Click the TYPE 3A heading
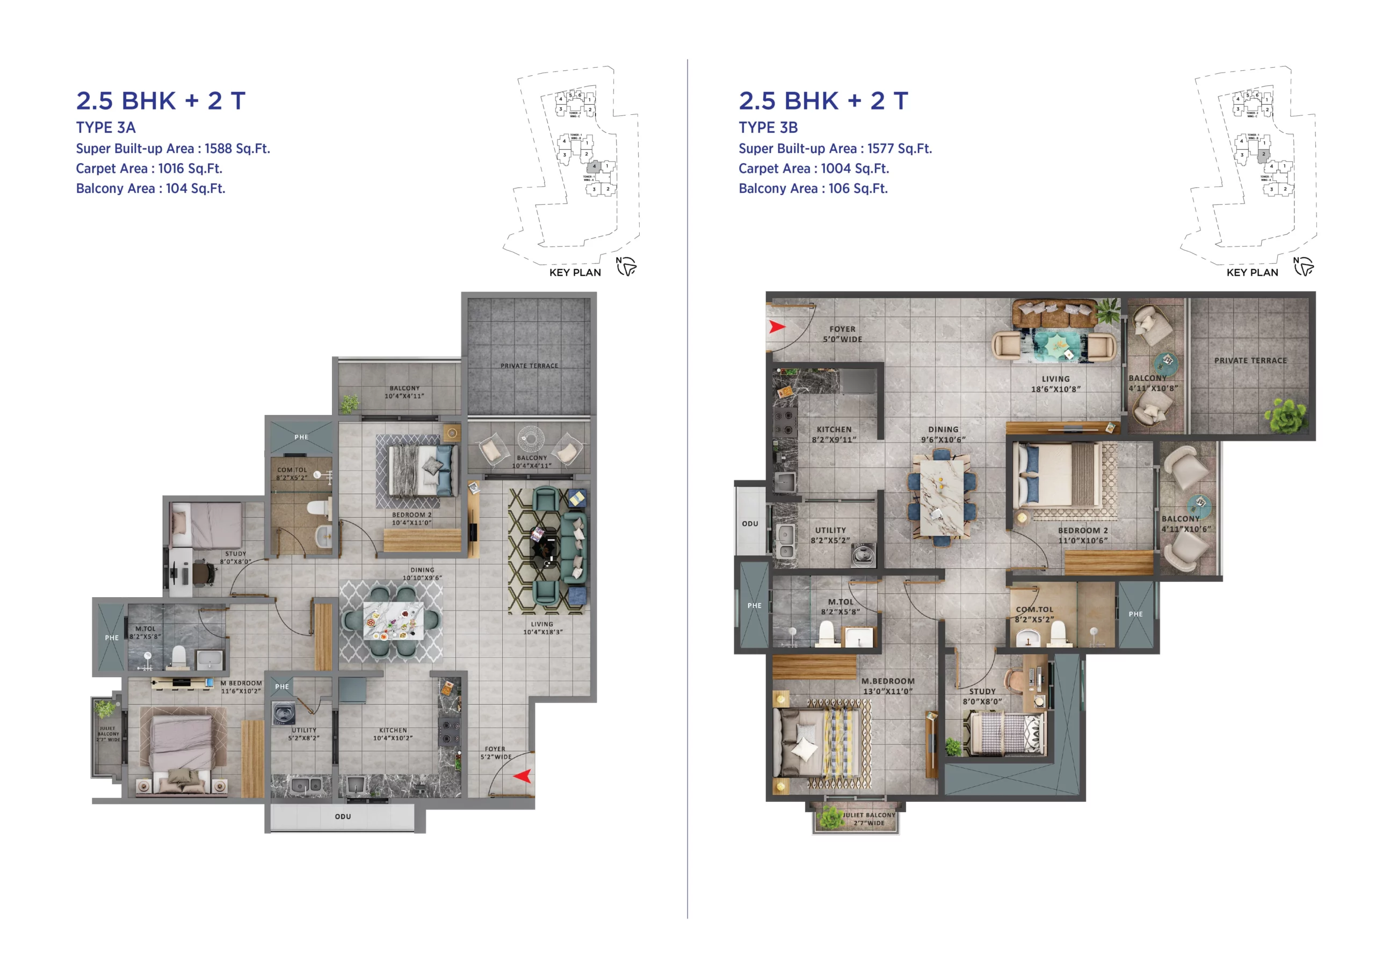[105, 128]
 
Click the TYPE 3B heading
[768, 128]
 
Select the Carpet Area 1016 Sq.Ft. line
[149, 169]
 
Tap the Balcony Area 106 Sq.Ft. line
[813, 189]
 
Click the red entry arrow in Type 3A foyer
[522, 776]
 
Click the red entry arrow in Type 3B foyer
[776, 327]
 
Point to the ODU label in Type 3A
[343, 816]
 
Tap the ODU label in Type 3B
[750, 523]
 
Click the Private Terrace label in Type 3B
[1250, 361]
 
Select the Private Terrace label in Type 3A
[529, 366]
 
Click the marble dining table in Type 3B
[942, 496]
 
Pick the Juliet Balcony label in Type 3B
[868, 819]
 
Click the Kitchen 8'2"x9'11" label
[834, 434]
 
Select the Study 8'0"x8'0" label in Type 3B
[982, 696]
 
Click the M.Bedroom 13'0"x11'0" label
[887, 686]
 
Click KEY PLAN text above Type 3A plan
[575, 273]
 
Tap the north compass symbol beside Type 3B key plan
[1304, 266]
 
